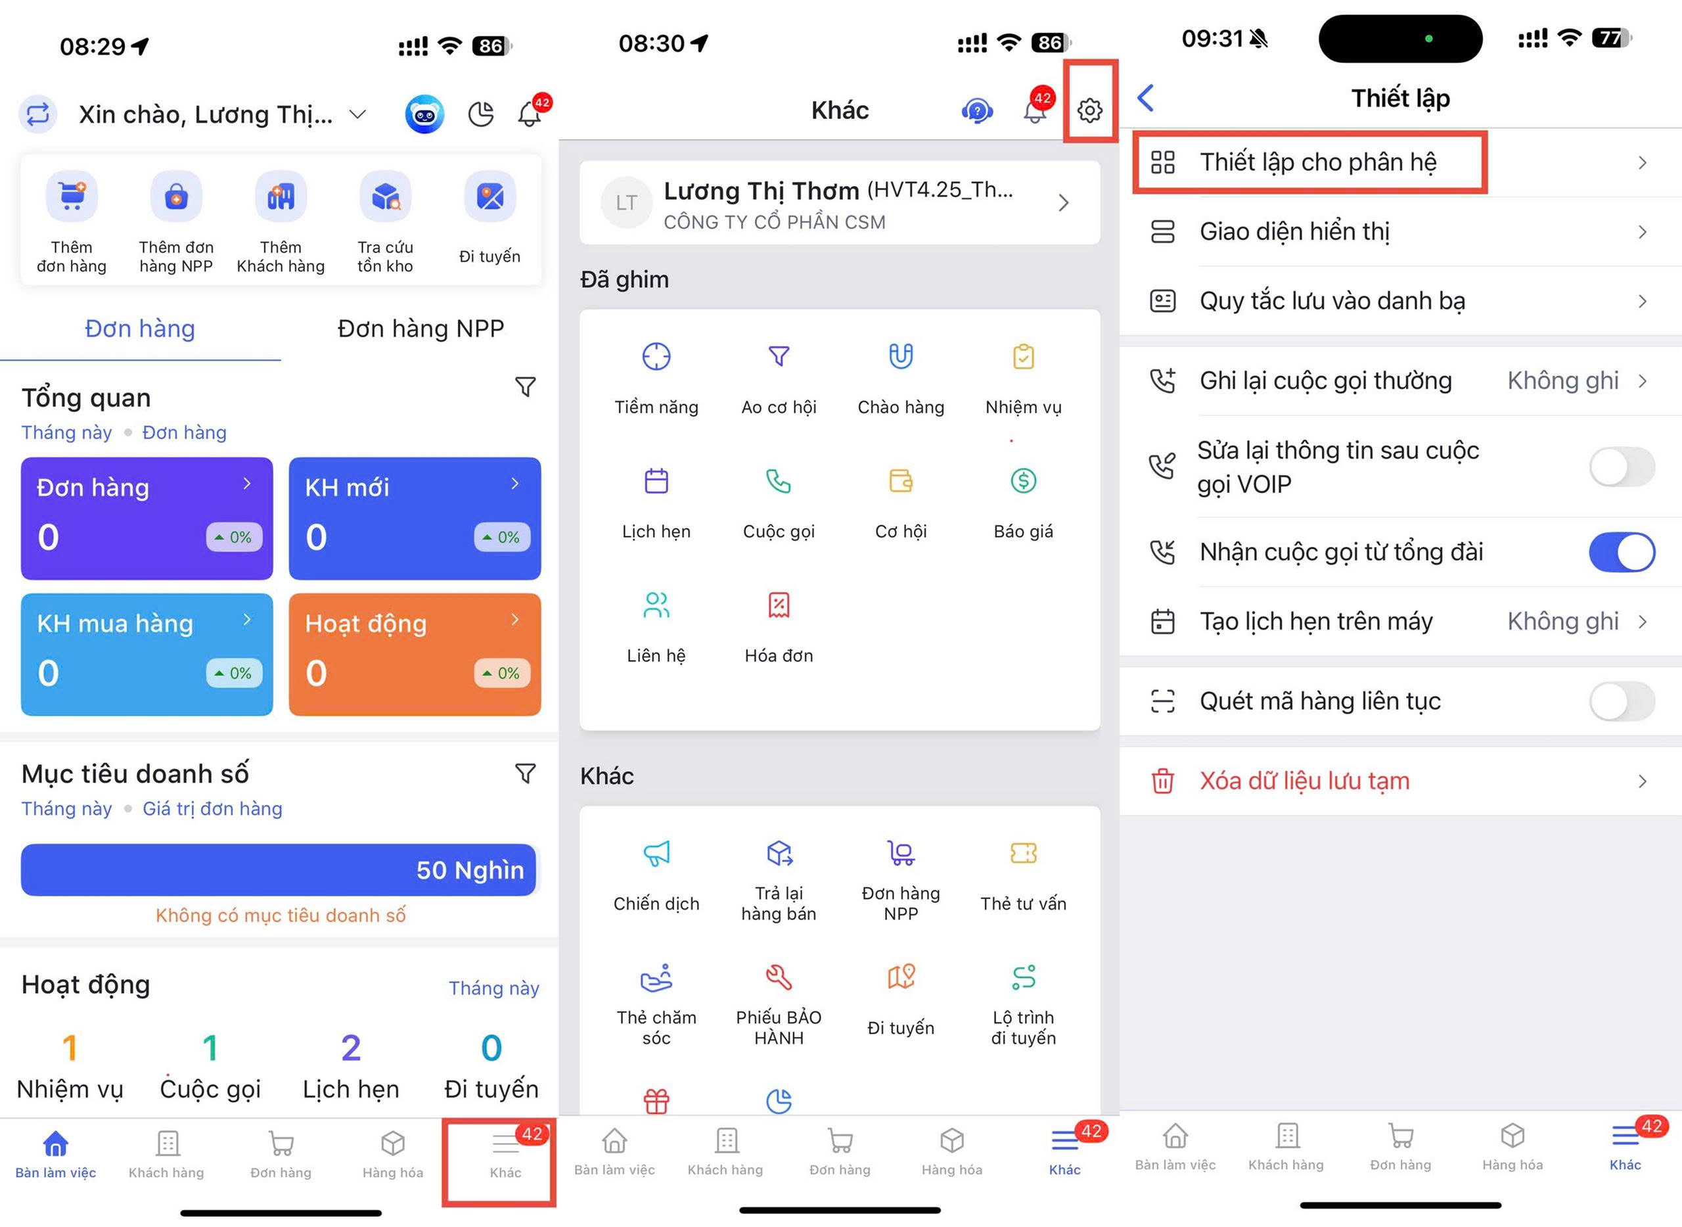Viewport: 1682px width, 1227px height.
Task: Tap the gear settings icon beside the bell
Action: (1089, 110)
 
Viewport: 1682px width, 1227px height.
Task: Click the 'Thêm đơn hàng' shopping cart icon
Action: (72, 196)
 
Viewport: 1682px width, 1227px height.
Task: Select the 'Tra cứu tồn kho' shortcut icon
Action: (386, 196)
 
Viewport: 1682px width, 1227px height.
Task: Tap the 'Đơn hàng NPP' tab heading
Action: (420, 329)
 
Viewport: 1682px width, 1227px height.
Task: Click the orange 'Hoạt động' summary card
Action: (415, 655)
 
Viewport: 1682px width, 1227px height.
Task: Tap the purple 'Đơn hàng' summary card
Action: (147, 519)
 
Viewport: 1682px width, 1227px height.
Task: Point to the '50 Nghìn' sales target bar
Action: (279, 869)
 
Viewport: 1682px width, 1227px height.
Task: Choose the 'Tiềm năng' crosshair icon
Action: (656, 356)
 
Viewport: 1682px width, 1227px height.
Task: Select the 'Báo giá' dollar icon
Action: (1023, 481)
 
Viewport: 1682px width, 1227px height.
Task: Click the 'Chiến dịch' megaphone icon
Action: (656, 854)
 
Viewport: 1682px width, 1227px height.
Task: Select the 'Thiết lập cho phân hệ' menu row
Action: (1400, 162)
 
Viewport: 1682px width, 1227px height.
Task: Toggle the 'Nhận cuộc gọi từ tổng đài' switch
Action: (1622, 552)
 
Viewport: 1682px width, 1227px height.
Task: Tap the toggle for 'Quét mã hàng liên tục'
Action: (1622, 701)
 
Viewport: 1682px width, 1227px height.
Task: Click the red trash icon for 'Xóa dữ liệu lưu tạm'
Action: (1162, 781)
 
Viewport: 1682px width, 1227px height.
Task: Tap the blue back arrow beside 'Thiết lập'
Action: (1146, 97)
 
